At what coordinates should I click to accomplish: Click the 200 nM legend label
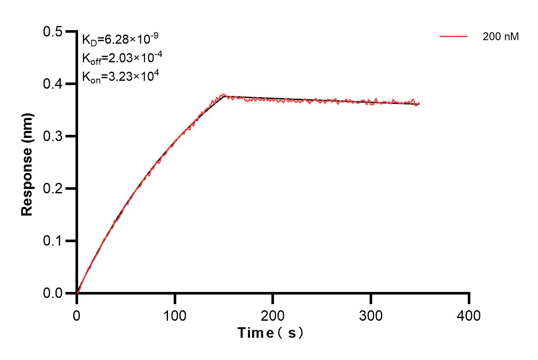tap(500, 37)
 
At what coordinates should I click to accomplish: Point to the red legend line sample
tap(453, 37)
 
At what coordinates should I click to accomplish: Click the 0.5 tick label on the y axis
tap(53, 31)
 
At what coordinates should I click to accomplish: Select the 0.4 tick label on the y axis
tap(53, 84)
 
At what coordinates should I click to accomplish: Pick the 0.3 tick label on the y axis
tap(53, 136)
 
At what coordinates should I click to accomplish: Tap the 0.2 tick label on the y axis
tap(53, 189)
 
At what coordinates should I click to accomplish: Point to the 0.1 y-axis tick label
tap(53, 241)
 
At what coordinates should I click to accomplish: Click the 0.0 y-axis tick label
tap(53, 293)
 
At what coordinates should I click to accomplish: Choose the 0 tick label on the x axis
tap(77, 315)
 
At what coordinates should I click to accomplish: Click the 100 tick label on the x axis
tap(175, 315)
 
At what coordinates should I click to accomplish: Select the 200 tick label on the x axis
tap(273, 315)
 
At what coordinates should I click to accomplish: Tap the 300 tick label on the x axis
tap(371, 315)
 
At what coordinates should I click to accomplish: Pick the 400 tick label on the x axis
tap(469, 315)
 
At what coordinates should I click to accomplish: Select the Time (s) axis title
tap(271, 333)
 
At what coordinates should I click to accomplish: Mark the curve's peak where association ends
tap(224, 95)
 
